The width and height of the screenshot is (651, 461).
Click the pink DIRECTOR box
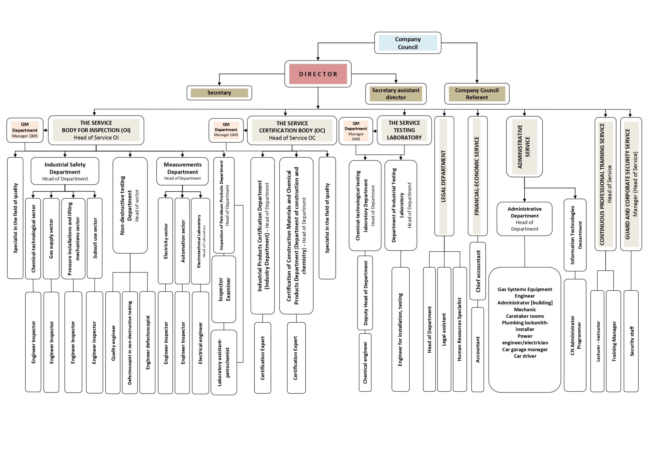[x=318, y=74]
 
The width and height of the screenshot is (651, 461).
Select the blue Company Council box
[x=407, y=43]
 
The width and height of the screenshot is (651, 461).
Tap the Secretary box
[x=219, y=93]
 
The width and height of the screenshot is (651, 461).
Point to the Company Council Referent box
[x=477, y=94]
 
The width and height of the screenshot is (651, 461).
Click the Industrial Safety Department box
[x=65, y=171]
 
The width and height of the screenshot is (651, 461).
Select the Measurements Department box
[x=182, y=171]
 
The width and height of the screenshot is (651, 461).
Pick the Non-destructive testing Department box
[x=130, y=205]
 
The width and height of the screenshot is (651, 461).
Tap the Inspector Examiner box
[x=224, y=289]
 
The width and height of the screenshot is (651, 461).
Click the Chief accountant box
[x=478, y=271]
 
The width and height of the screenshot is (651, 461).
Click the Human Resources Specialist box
[x=460, y=329]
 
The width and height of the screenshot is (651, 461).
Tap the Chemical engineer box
[x=365, y=362]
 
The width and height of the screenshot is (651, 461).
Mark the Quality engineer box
[x=113, y=343]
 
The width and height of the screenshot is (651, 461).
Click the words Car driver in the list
[x=525, y=356]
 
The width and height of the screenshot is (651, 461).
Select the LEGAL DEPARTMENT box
[x=444, y=176]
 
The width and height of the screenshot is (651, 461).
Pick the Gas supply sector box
[x=51, y=239]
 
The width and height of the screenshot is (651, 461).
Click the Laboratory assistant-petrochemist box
[x=224, y=362]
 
